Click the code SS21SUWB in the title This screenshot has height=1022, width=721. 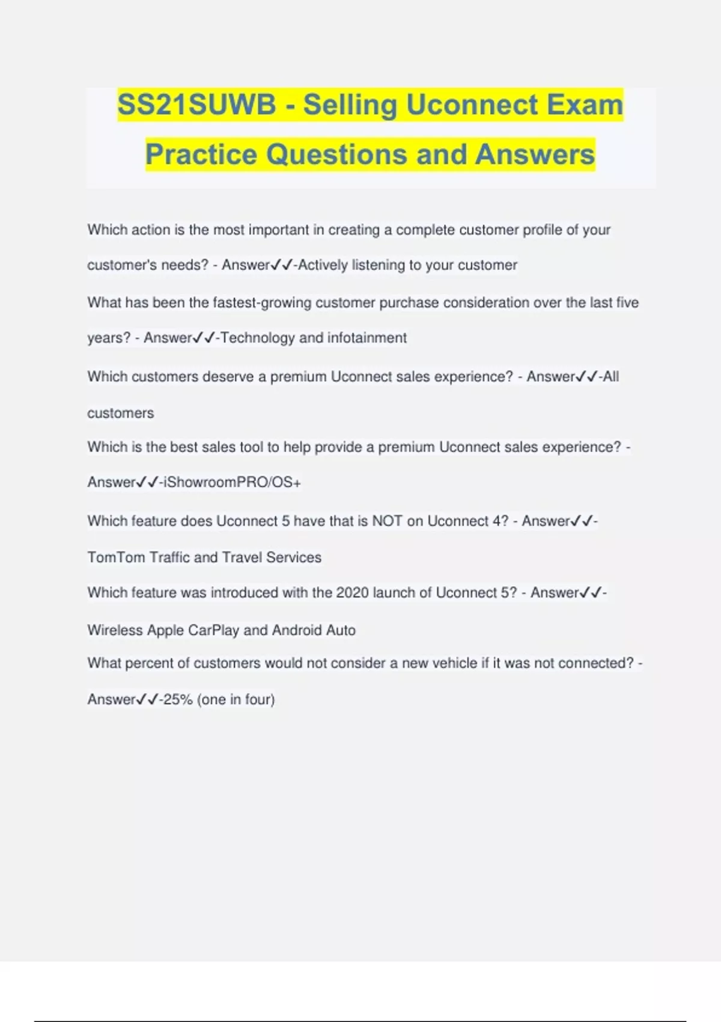pos(196,105)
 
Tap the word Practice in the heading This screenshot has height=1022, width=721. pos(201,155)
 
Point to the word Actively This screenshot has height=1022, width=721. pos(323,265)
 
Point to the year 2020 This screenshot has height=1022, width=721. pos(352,593)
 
